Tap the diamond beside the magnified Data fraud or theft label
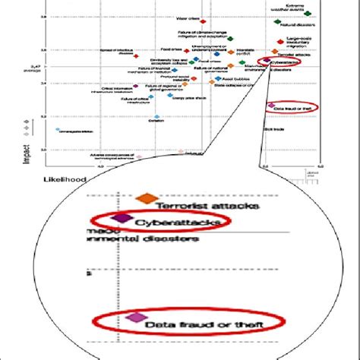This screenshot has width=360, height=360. [137, 317]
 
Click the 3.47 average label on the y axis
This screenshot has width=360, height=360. [30, 69]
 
